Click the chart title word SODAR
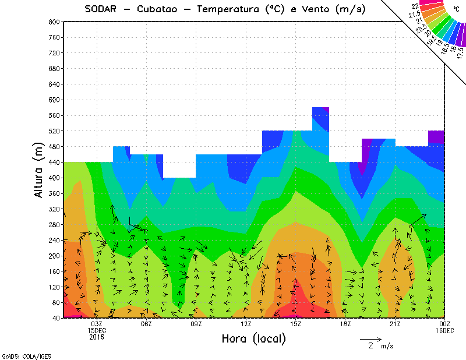pyautogui.click(x=103, y=9)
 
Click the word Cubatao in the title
pyautogui.click(x=160, y=9)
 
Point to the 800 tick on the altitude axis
pyautogui.click(x=53, y=22)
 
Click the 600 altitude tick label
pyautogui.click(x=53, y=100)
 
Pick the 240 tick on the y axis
pyautogui.click(x=53, y=240)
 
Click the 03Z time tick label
pyautogui.click(x=97, y=324)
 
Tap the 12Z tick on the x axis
pyautogui.click(x=246, y=324)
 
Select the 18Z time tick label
pyautogui.click(x=345, y=324)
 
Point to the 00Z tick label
pyautogui.click(x=445, y=324)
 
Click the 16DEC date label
pyautogui.click(x=445, y=330)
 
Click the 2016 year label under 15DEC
pyautogui.click(x=97, y=337)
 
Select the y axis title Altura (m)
pyautogui.click(x=38, y=170)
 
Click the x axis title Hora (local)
pyautogui.click(x=253, y=338)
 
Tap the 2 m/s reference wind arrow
pyautogui.click(x=370, y=338)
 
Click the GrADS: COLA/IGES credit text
pyautogui.click(x=20, y=355)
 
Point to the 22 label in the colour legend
pyautogui.click(x=415, y=6)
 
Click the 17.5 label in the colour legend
pyautogui.click(x=460, y=52)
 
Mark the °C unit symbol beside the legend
pyautogui.click(x=456, y=9)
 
